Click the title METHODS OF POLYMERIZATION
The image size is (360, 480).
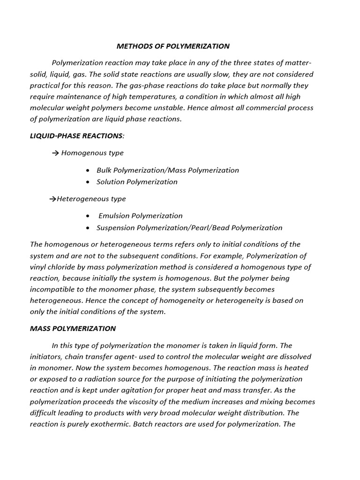(173, 46)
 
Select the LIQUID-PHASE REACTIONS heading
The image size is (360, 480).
(76, 135)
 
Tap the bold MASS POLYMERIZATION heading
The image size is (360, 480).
(73, 329)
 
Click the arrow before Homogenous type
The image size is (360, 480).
(55, 153)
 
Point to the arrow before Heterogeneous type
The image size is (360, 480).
(52, 199)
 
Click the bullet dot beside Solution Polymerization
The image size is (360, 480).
(88, 182)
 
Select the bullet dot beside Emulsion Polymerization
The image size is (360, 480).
(88, 216)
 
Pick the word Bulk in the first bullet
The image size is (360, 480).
(105, 170)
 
